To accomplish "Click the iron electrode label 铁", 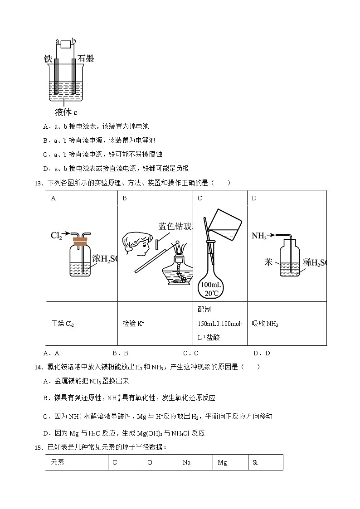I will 48,59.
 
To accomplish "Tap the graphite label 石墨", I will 86,58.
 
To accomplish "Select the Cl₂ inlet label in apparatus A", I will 56,235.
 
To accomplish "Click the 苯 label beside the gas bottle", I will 268,262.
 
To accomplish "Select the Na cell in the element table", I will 195,462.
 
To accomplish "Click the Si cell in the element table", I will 265,462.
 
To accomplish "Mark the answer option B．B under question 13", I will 120,354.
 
